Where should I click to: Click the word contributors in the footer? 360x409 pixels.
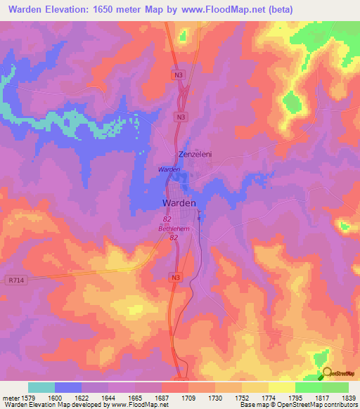(x=340, y=405)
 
